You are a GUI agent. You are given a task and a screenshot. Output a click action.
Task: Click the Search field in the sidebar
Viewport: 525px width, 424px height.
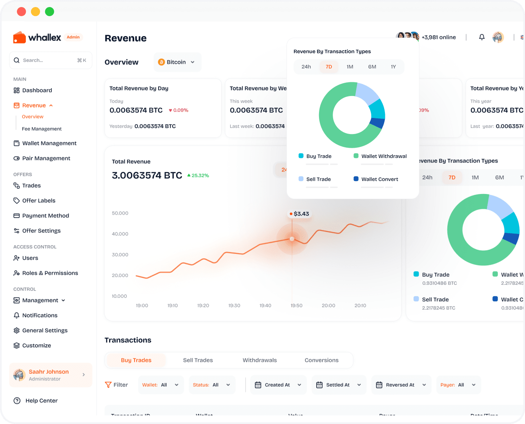point(50,60)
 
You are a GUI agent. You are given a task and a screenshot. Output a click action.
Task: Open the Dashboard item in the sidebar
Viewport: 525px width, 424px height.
point(37,91)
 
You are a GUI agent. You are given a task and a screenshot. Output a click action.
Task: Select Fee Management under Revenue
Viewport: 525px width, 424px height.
point(42,129)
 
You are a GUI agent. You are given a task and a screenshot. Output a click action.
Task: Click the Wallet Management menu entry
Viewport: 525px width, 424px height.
point(49,143)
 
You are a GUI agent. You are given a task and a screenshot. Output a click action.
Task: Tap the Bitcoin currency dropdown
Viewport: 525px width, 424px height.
point(177,62)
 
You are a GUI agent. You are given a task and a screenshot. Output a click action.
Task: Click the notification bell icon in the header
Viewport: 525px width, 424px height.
point(481,37)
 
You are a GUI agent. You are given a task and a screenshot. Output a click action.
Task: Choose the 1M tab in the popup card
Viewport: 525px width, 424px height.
point(350,67)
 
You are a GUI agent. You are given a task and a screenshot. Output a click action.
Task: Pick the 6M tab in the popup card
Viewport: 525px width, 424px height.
point(372,67)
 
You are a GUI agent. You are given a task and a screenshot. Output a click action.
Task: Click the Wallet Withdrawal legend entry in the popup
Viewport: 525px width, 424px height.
point(383,156)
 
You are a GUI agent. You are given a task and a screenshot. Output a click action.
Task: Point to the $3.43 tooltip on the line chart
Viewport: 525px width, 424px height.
point(299,214)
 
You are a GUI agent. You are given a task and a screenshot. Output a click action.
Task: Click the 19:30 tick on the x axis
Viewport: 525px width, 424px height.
point(234,306)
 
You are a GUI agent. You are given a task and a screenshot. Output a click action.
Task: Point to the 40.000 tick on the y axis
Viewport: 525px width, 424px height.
point(120,234)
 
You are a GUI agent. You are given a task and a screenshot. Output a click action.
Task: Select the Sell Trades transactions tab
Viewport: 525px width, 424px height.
point(198,361)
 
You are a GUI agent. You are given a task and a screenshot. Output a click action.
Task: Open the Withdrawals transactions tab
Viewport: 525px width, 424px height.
point(259,361)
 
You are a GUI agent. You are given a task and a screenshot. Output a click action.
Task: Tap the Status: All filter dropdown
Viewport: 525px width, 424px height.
point(212,385)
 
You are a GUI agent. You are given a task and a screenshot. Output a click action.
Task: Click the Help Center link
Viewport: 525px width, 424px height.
point(41,401)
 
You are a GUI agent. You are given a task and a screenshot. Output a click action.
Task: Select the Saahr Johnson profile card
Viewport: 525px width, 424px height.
point(50,375)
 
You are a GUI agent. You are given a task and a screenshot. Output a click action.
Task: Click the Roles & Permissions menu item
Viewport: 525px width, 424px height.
point(50,273)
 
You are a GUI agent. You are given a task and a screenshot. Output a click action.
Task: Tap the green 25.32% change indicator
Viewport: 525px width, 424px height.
point(198,176)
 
